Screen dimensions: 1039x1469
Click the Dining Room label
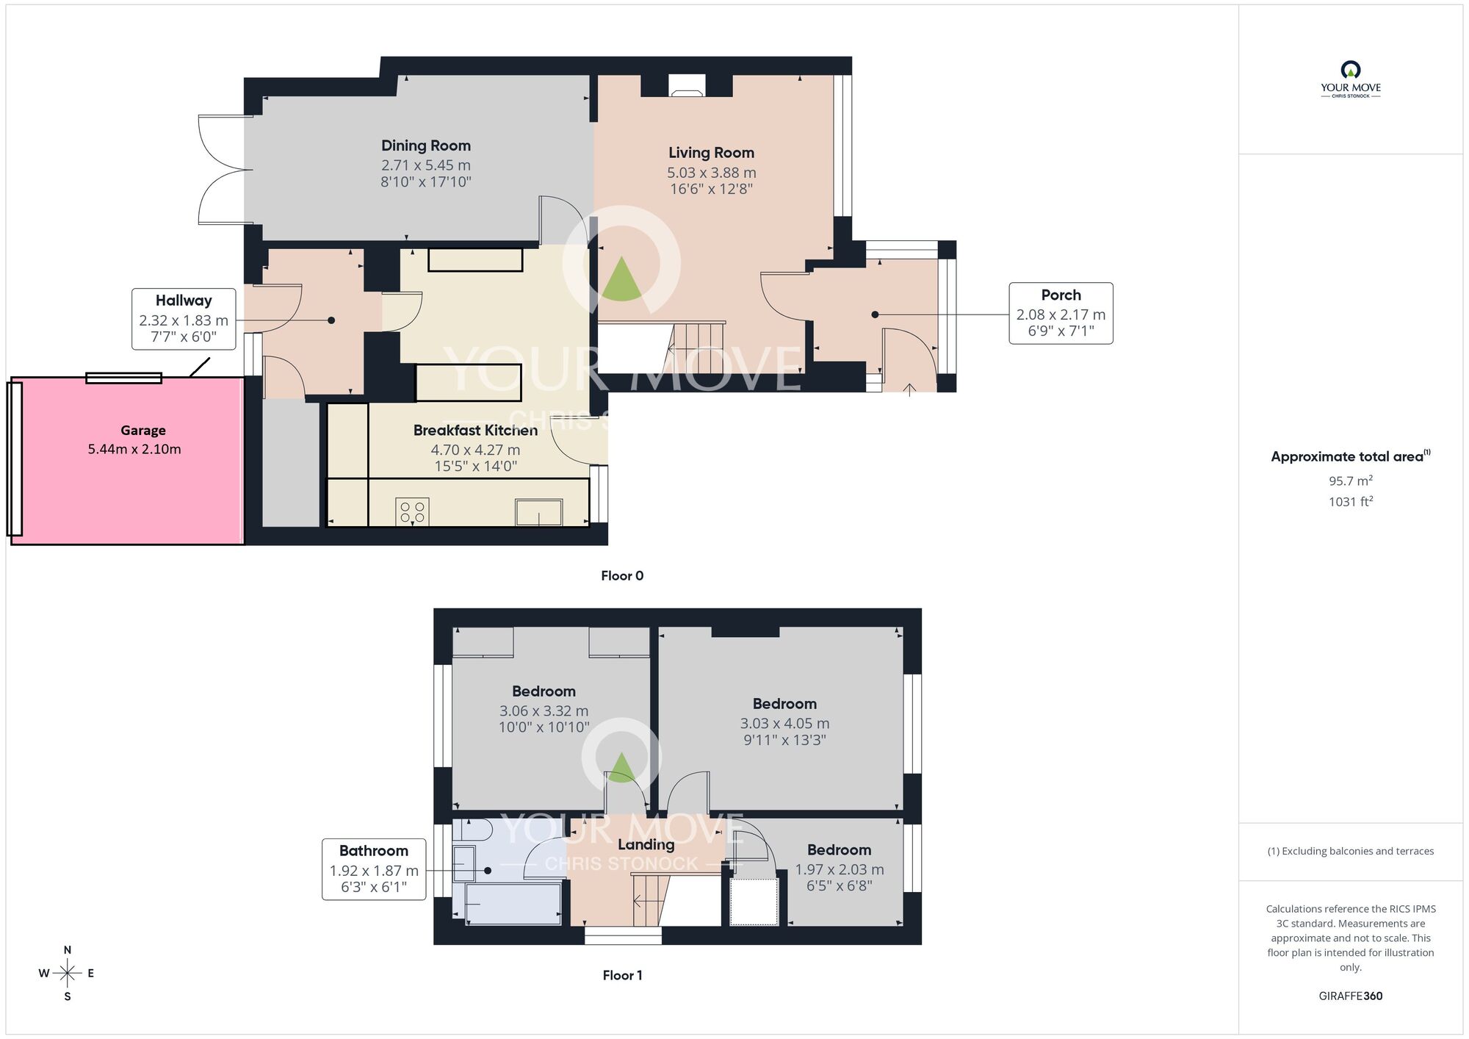click(425, 145)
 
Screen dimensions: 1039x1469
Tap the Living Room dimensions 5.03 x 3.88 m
click(711, 173)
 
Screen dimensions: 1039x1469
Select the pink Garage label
click(143, 431)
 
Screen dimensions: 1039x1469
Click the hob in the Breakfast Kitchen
click(412, 511)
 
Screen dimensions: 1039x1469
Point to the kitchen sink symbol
click(538, 511)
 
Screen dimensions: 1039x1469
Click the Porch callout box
click(1060, 313)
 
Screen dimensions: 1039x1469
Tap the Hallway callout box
click(184, 319)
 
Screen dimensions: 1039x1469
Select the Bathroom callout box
click(374, 869)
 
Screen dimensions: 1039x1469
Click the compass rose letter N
click(68, 950)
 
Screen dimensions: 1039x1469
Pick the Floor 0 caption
click(621, 576)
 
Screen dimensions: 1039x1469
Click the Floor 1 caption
click(622, 976)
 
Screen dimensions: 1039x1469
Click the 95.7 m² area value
click(1350, 481)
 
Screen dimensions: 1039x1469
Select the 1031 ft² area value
click(1350, 502)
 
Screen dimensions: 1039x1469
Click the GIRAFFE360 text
click(1350, 996)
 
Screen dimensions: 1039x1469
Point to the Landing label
click(646, 844)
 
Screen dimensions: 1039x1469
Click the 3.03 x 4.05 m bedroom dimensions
click(784, 724)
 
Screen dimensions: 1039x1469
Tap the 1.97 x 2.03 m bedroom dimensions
click(839, 870)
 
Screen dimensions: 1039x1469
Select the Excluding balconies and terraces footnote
click(1350, 852)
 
